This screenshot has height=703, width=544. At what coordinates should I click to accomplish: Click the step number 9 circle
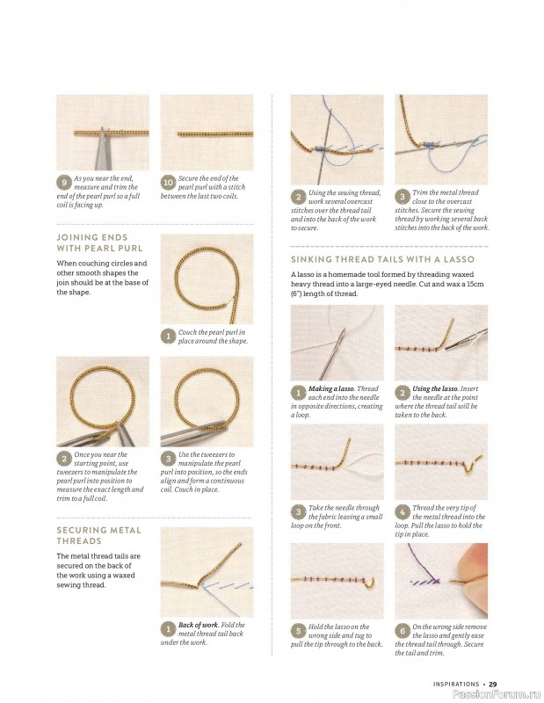(64, 183)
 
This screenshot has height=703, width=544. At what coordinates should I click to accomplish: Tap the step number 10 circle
(168, 183)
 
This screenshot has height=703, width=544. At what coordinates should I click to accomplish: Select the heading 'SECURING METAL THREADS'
(98, 535)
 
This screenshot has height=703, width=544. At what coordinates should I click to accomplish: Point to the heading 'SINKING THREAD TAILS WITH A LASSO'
(382, 259)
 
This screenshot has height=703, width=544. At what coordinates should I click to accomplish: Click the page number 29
(493, 685)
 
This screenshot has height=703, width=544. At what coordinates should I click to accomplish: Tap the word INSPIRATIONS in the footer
(456, 685)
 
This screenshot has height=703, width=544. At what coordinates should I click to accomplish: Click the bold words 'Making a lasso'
(331, 388)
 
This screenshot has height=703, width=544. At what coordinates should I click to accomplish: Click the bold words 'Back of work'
(199, 625)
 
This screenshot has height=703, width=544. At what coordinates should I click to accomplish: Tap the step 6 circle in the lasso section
(403, 631)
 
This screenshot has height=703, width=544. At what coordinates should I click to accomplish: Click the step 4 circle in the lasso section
(403, 512)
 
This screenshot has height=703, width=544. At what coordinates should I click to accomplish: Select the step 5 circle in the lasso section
(298, 631)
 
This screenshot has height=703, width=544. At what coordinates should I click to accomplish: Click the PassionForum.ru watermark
(497, 694)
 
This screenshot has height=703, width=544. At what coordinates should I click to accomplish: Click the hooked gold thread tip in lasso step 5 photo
(371, 582)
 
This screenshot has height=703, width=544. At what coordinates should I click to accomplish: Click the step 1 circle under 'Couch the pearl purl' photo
(168, 337)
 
